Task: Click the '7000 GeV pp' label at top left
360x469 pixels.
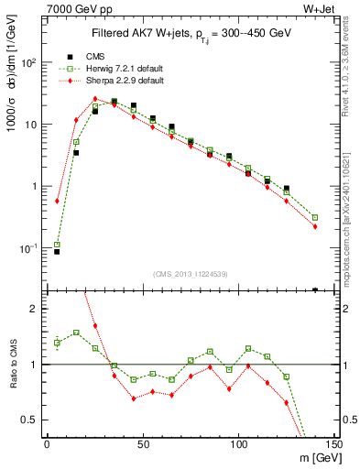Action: tap(73, 9)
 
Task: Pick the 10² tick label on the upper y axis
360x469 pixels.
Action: tap(30, 63)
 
